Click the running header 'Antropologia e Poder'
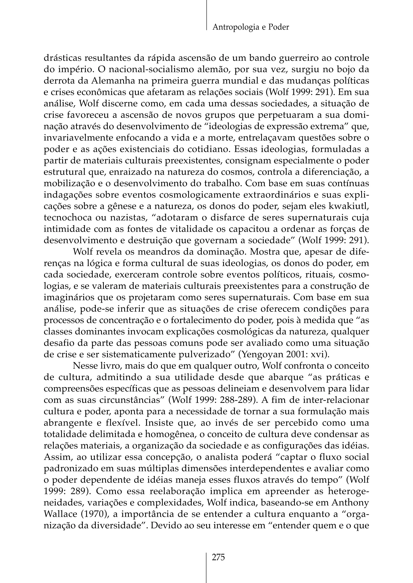coord(250,27)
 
